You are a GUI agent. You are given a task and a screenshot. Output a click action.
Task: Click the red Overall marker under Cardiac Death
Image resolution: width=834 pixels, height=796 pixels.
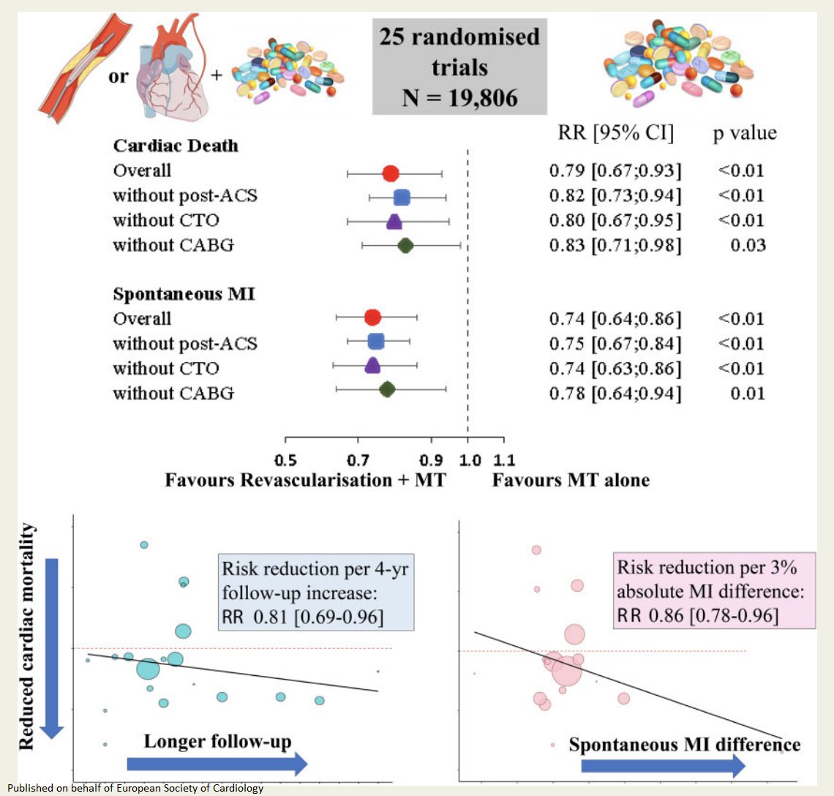[391, 173]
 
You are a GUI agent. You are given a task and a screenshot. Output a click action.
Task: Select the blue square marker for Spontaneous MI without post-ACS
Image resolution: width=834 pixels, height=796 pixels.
[375, 342]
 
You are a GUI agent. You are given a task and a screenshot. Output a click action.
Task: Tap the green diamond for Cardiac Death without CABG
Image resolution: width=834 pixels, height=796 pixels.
[405, 246]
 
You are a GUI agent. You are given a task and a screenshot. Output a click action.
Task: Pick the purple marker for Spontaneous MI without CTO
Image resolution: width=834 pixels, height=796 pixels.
[372, 366]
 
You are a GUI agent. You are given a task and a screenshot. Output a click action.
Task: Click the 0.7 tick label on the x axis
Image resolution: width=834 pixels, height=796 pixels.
[358, 460]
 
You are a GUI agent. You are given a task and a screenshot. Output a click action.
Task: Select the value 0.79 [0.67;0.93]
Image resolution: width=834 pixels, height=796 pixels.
[615, 171]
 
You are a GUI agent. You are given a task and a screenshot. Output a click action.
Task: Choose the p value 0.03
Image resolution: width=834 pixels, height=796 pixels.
[748, 245]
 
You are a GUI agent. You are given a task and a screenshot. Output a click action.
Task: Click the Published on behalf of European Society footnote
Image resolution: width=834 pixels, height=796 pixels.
[135, 789]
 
